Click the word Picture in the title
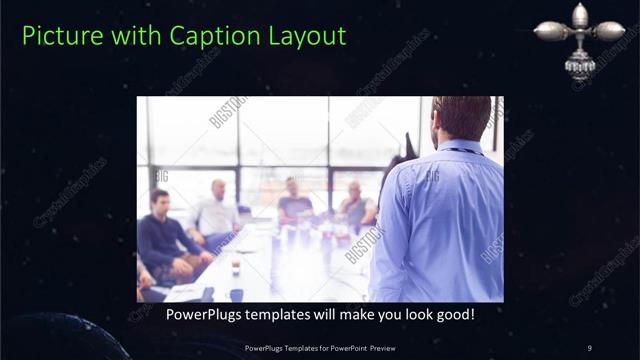[55, 36]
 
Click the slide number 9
[590, 347]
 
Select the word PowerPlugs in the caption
[193, 314]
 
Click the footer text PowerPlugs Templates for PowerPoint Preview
[319, 347]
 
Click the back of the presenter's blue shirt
[440, 220]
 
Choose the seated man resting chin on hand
[355, 205]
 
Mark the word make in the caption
[337, 314]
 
